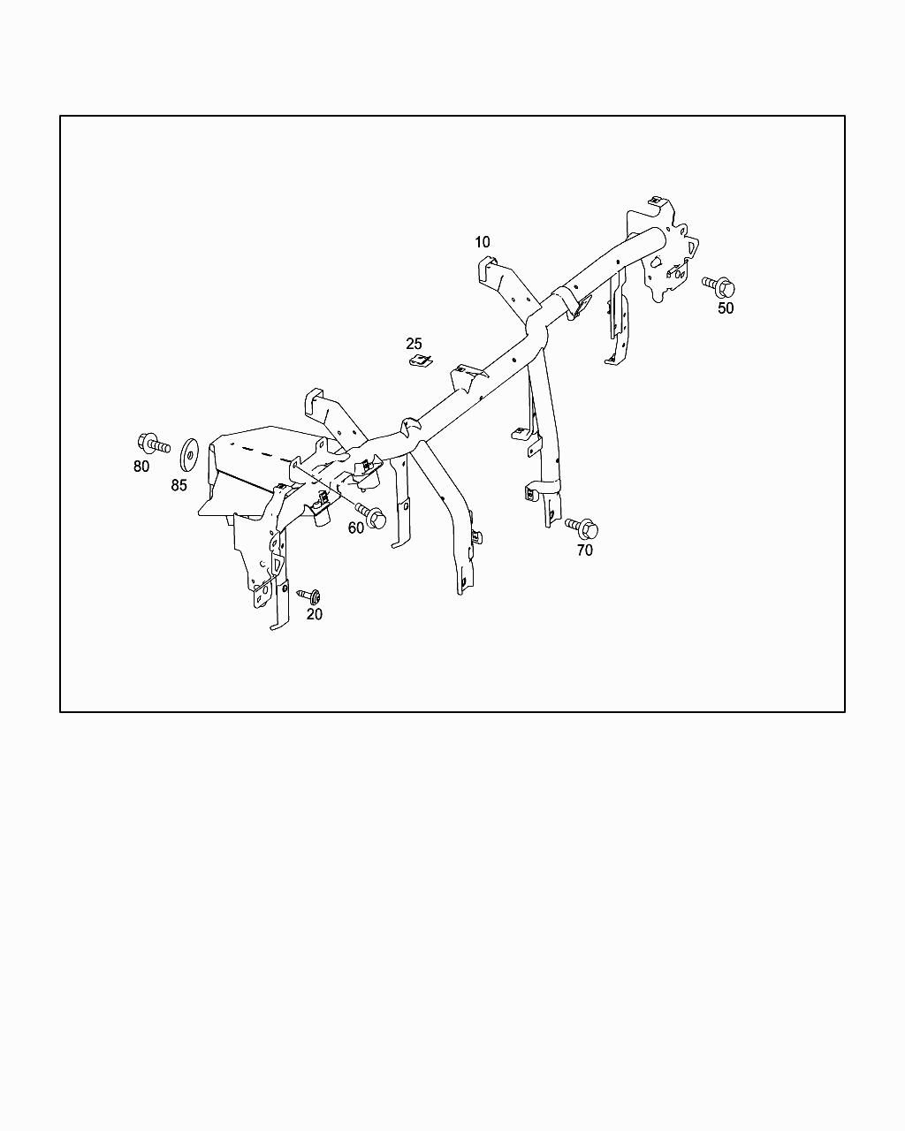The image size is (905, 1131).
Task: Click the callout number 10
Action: (x=482, y=242)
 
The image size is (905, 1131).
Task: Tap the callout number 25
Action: (x=414, y=344)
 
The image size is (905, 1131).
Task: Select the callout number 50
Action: (x=725, y=308)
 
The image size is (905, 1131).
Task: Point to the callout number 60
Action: (x=356, y=528)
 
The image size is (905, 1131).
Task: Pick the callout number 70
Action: (x=584, y=550)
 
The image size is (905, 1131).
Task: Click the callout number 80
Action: (x=141, y=466)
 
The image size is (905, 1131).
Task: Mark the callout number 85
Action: (x=179, y=485)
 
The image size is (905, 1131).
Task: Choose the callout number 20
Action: (x=315, y=614)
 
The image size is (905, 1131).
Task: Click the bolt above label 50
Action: (x=719, y=285)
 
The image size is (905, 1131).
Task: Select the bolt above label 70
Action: (x=582, y=528)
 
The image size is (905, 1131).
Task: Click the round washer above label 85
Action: (x=188, y=453)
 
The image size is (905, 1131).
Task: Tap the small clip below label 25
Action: (x=419, y=360)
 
